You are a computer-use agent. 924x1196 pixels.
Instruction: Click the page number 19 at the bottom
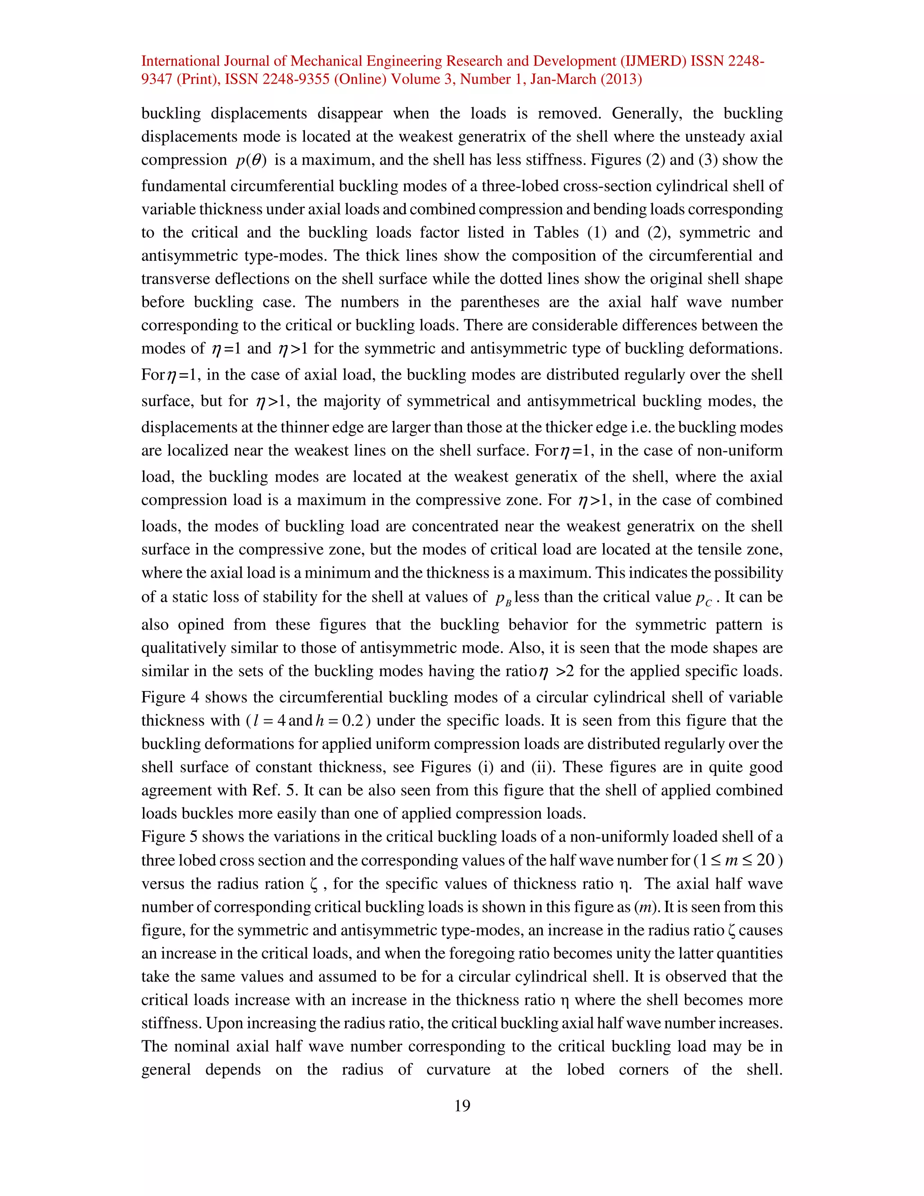(462, 1106)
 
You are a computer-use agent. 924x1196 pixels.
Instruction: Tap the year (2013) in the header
(621, 79)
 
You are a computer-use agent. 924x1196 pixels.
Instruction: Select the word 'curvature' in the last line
(458, 1070)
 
